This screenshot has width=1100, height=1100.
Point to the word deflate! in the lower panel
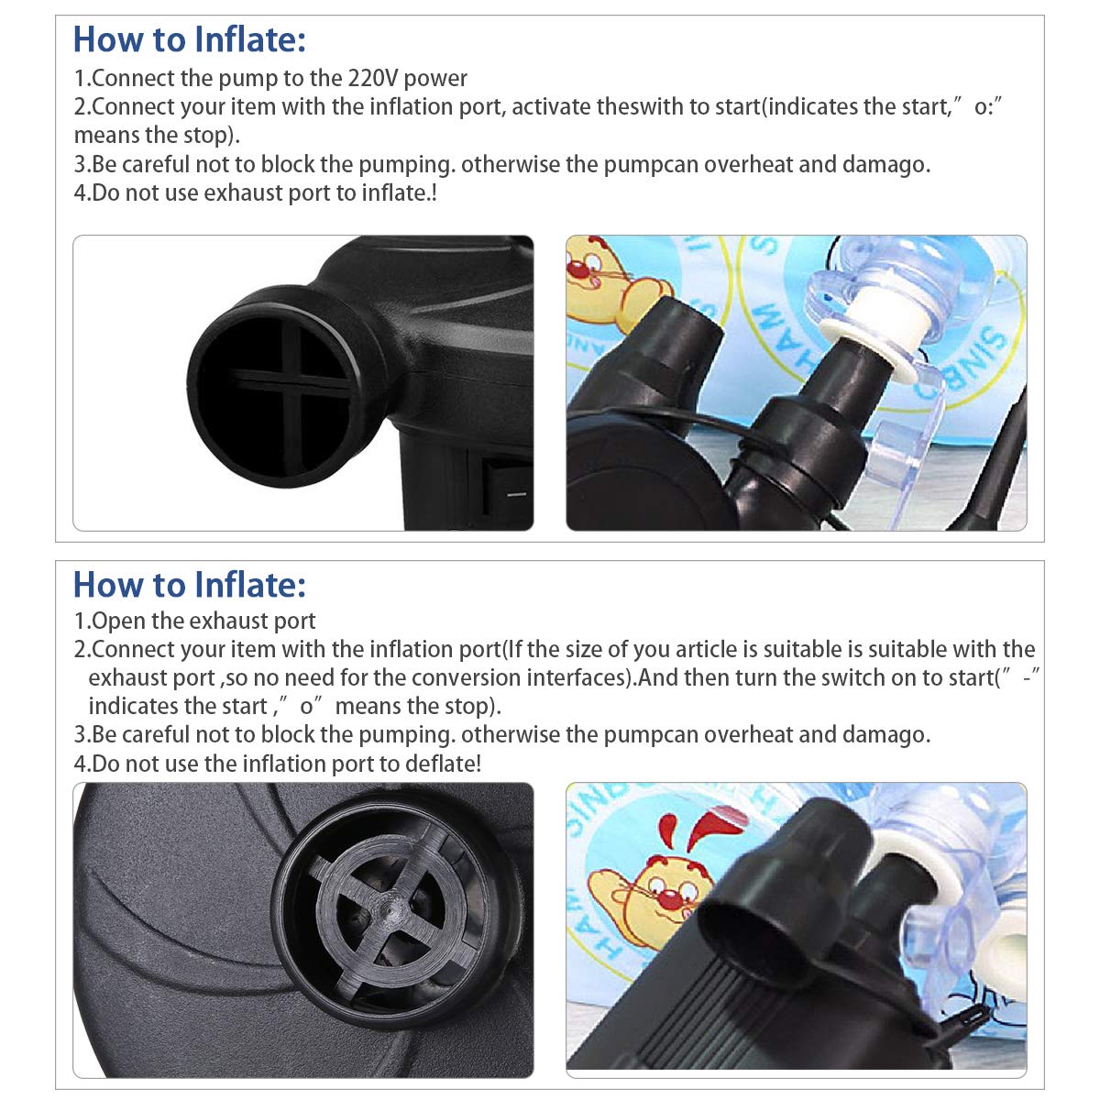(442, 764)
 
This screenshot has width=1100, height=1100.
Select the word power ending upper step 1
(436, 79)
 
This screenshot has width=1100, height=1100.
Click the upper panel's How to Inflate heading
(189, 39)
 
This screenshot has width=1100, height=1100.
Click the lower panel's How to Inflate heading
(189, 585)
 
